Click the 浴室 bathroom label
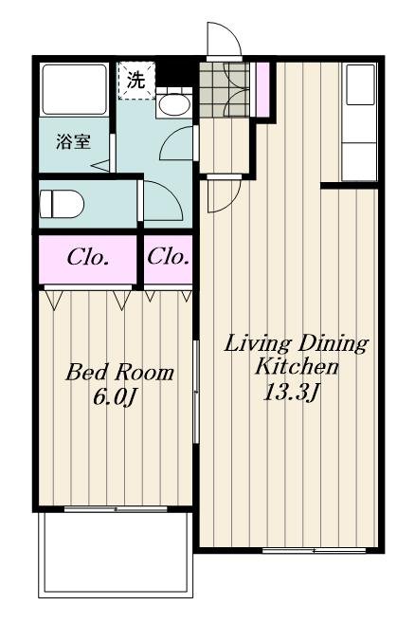click(x=73, y=142)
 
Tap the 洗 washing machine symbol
click(x=136, y=81)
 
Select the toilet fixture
click(x=62, y=204)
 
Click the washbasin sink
click(x=174, y=105)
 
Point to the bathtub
click(x=74, y=89)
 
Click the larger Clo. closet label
click(x=87, y=258)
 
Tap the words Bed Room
click(x=119, y=373)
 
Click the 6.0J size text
click(x=115, y=396)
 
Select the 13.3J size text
click(x=291, y=393)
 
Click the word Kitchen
click(x=297, y=366)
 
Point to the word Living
click(x=255, y=344)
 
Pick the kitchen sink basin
click(x=361, y=84)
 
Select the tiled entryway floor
click(x=224, y=90)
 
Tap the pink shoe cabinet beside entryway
click(x=262, y=89)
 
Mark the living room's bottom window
click(x=315, y=550)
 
